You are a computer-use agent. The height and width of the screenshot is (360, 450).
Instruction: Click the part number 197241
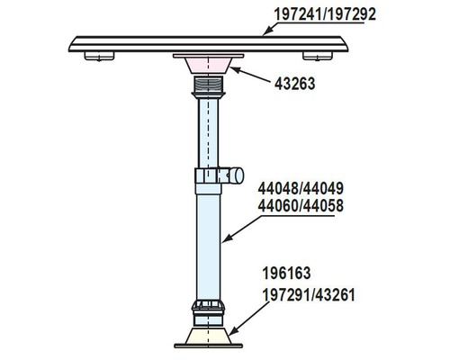click(297, 14)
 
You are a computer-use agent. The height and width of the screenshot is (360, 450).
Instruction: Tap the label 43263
click(295, 84)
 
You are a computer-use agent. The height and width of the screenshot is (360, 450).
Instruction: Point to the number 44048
click(278, 189)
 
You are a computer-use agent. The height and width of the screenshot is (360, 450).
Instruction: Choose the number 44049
click(323, 189)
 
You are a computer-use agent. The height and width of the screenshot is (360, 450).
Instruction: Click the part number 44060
click(278, 206)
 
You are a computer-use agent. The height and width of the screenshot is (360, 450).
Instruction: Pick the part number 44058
click(323, 206)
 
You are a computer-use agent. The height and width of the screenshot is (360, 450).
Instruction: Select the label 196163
click(286, 274)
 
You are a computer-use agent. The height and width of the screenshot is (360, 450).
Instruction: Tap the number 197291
click(286, 295)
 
